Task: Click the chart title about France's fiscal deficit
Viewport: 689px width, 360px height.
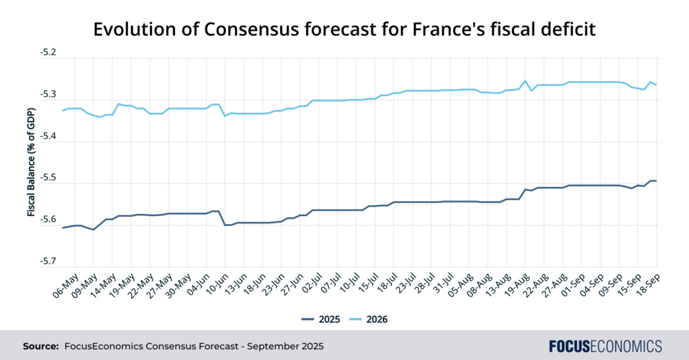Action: click(344, 30)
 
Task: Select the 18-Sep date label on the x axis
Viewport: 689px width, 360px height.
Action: click(647, 287)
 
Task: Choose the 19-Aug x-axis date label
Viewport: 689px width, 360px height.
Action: click(516, 287)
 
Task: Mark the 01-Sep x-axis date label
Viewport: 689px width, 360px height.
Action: click(571, 287)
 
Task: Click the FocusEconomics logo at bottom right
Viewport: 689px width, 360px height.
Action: click(605, 346)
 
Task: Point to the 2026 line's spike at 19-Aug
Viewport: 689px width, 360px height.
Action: click(525, 81)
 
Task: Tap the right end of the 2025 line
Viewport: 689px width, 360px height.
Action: click(656, 180)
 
